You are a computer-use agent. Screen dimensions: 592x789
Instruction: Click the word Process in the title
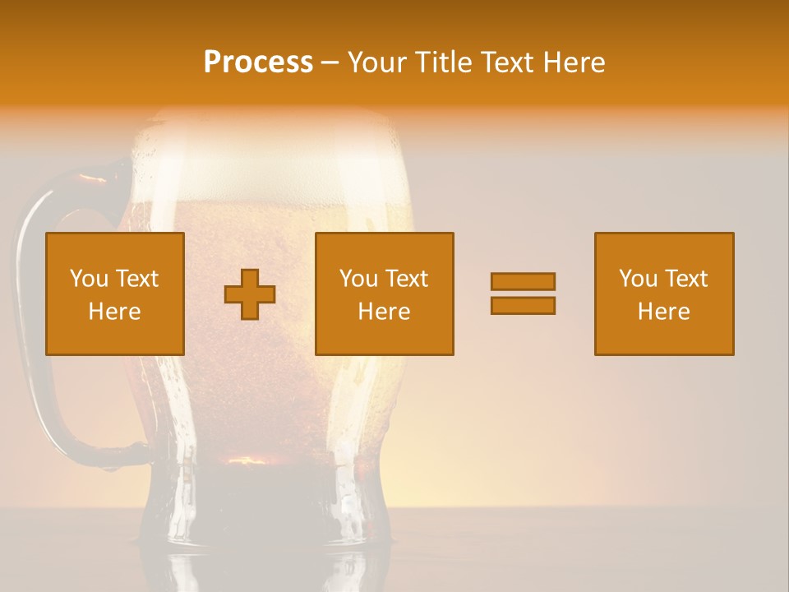pyautogui.click(x=258, y=62)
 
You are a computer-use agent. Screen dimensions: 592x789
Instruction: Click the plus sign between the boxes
pyautogui.click(x=250, y=294)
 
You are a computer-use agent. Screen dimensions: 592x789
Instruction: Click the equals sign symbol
pyautogui.click(x=523, y=294)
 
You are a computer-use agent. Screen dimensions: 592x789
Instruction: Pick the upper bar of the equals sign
pyautogui.click(x=523, y=281)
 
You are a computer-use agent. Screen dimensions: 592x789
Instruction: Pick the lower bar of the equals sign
pyautogui.click(x=523, y=306)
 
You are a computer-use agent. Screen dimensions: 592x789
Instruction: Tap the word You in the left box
pyautogui.click(x=88, y=279)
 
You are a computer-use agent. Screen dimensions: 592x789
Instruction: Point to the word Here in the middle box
pyautogui.click(x=385, y=312)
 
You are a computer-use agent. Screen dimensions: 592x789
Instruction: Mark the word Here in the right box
pyautogui.click(x=664, y=312)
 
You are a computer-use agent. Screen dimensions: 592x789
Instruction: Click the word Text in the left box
pyautogui.click(x=136, y=279)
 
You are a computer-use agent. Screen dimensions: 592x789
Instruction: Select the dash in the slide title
pyautogui.click(x=330, y=62)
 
